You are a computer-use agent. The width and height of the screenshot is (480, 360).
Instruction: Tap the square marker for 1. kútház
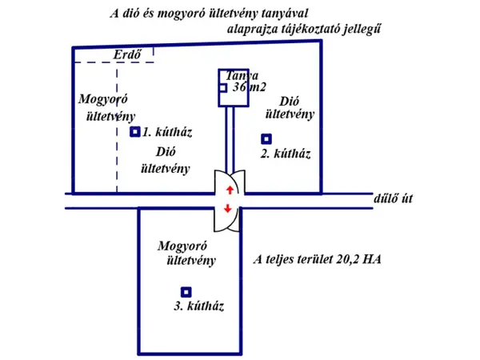point(135,132)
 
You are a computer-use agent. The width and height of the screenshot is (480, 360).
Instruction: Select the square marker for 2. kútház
point(266,138)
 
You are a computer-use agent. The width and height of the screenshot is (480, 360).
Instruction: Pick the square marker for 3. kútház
point(186,292)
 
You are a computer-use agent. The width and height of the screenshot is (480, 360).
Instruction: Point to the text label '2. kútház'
point(286,154)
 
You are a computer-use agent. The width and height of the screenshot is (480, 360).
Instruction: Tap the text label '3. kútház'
point(198,306)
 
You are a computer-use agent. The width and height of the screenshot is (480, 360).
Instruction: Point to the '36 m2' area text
point(250,88)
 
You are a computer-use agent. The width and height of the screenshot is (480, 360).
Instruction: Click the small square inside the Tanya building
point(223,88)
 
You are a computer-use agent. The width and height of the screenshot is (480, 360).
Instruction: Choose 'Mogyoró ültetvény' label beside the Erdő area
point(102,106)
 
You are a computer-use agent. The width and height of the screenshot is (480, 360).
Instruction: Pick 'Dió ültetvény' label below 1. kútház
point(166,159)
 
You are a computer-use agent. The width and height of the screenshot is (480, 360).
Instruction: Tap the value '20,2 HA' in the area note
point(359,260)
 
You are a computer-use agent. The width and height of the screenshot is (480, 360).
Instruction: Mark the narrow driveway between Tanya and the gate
point(230,140)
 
